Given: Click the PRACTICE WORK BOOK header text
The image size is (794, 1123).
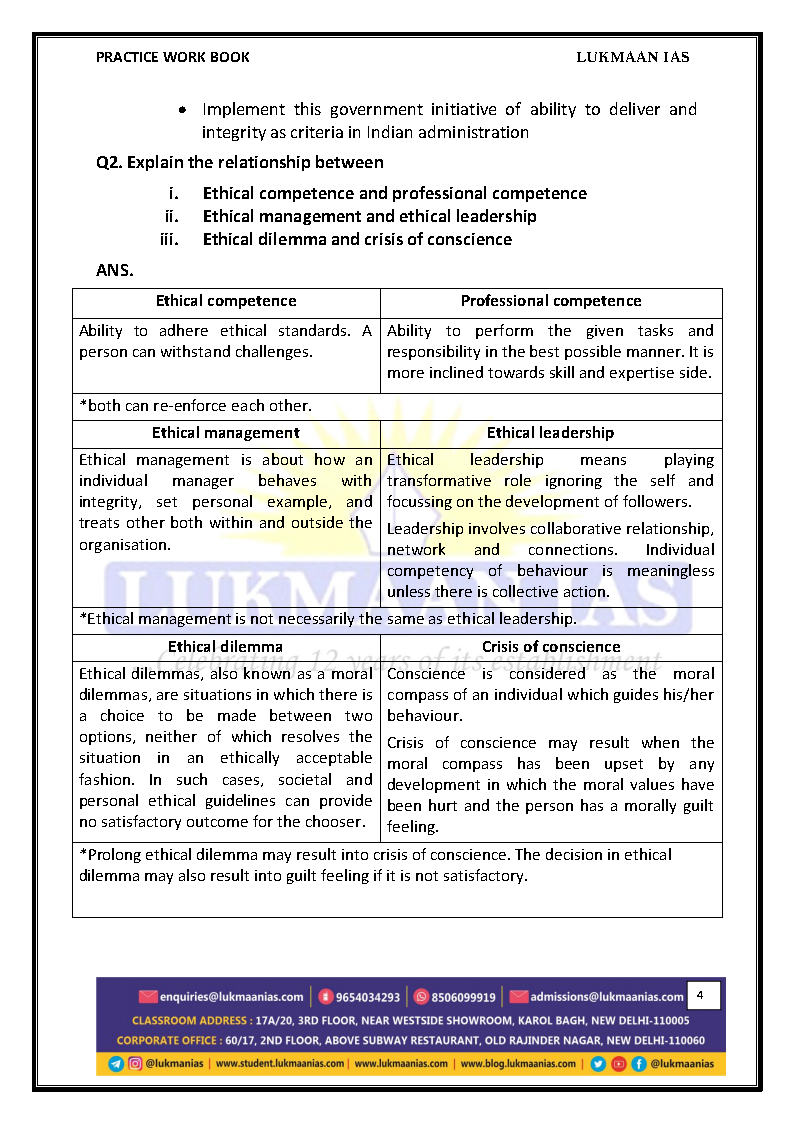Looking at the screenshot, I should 173,57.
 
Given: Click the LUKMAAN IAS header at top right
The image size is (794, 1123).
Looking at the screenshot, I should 632,57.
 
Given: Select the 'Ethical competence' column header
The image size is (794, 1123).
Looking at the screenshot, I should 226,301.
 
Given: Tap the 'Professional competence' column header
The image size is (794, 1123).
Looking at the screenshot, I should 551,301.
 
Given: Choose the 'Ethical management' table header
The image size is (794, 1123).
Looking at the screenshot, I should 226,433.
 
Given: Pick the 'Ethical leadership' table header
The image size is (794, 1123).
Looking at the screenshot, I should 551,433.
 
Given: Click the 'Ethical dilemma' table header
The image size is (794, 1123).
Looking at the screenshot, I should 226,647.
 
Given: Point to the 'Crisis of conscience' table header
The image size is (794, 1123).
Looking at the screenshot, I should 551,647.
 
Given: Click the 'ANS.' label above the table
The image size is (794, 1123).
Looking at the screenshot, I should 115,270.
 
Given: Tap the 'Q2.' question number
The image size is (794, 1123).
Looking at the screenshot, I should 110,162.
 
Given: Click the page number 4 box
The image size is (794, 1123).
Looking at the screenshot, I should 701,995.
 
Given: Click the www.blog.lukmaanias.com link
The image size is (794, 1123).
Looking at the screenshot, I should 518,1064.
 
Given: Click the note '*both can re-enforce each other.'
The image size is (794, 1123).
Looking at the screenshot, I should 196,406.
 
